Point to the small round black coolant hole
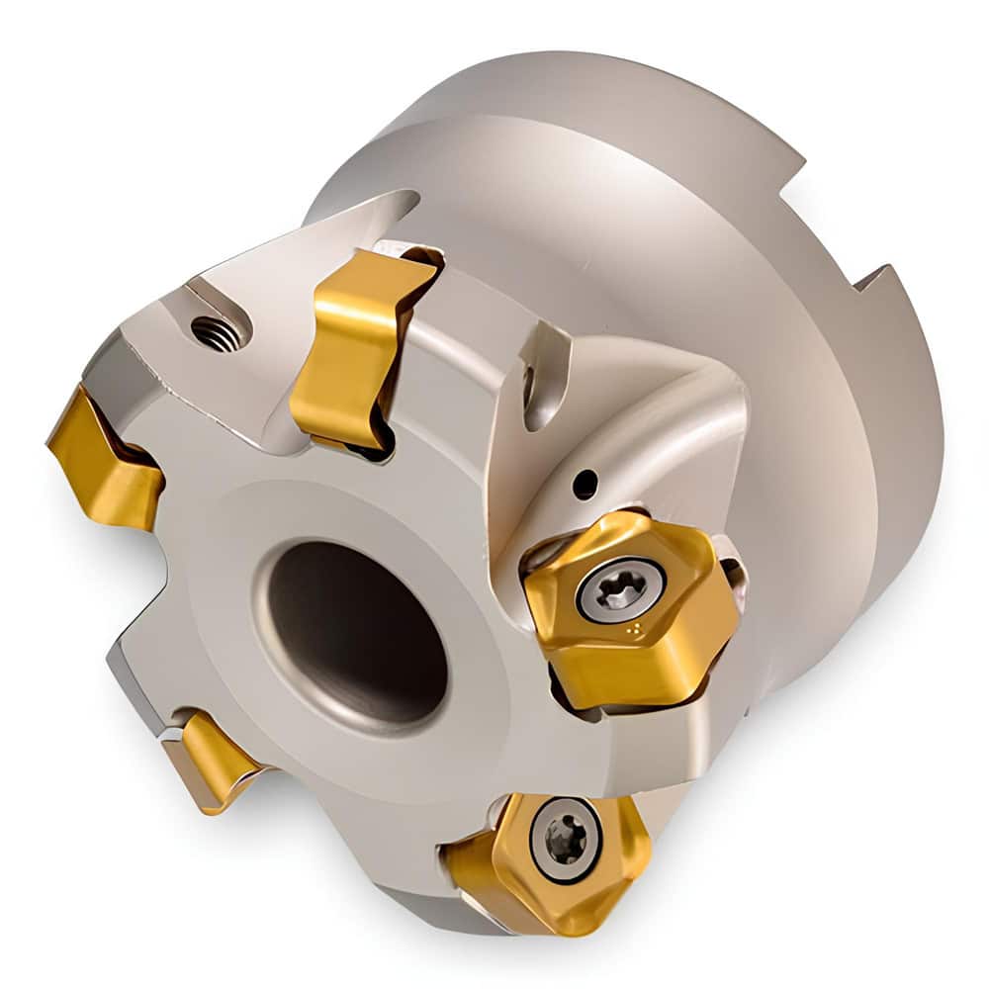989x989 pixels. [x=585, y=484]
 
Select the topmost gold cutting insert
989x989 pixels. [x=361, y=341]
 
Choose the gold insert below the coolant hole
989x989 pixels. [x=628, y=608]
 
